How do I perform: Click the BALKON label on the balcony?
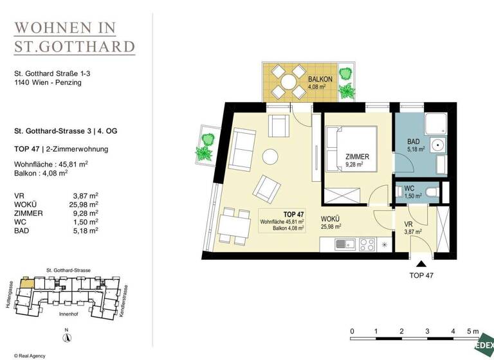(x=319, y=79)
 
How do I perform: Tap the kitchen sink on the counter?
(x=342, y=244)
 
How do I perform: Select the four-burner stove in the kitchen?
(x=367, y=244)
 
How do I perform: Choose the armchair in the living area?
(x=266, y=188)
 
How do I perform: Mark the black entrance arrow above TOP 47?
(x=422, y=263)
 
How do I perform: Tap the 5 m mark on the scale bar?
(x=473, y=332)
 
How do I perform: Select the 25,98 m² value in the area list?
(x=86, y=204)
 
